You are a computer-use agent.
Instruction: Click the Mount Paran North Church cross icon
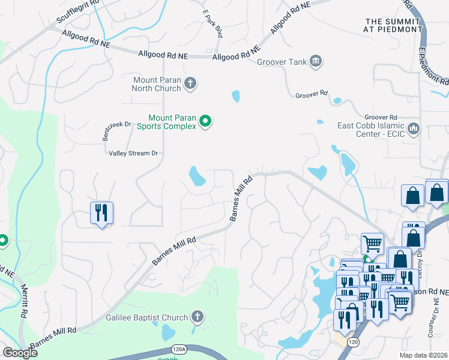pos(190,83)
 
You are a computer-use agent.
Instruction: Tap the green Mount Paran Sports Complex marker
pos(205,121)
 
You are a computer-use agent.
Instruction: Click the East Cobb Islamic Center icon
pos(413,129)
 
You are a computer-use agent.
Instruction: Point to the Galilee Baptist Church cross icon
pos(197,317)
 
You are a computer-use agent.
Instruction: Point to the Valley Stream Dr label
pos(133,153)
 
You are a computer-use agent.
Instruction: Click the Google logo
pos(20,352)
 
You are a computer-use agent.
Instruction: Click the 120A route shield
pos(178,348)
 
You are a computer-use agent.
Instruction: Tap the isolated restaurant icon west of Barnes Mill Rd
pos(101,213)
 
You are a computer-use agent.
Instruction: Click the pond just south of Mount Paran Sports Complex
pos(197,176)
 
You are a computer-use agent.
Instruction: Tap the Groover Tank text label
pos(282,62)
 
